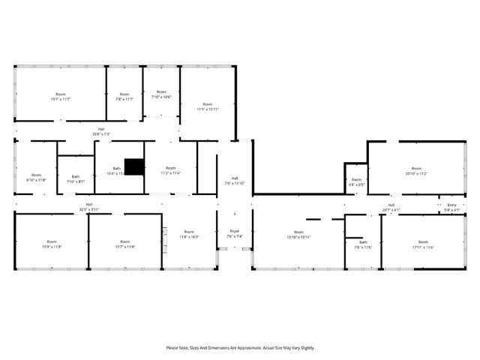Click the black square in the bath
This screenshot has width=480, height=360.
click(134, 166)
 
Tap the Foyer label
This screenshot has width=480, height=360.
click(235, 233)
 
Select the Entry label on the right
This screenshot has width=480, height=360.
click(451, 207)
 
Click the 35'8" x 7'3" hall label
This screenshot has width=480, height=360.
click(101, 131)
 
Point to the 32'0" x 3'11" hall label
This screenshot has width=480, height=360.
click(88, 206)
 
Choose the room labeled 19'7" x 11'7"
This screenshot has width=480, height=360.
click(61, 97)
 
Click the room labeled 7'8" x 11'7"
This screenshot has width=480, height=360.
click(124, 97)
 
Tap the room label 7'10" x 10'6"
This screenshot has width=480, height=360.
click(161, 94)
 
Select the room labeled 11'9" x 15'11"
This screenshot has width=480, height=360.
click(208, 106)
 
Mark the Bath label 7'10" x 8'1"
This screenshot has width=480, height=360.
click(76, 178)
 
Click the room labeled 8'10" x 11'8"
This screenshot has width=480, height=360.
click(36, 177)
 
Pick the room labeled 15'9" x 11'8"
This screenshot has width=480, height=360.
click(51, 244)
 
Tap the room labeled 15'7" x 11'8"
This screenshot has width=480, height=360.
click(126, 244)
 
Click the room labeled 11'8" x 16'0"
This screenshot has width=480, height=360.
click(189, 234)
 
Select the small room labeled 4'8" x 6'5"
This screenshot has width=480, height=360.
click(356, 181)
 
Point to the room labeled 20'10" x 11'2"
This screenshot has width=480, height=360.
click(416, 170)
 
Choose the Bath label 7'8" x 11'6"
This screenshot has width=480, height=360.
click(363, 244)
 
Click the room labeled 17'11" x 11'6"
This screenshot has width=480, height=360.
click(423, 244)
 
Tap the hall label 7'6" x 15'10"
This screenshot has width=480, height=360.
click(235, 180)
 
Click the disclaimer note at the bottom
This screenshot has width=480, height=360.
click(240, 347)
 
